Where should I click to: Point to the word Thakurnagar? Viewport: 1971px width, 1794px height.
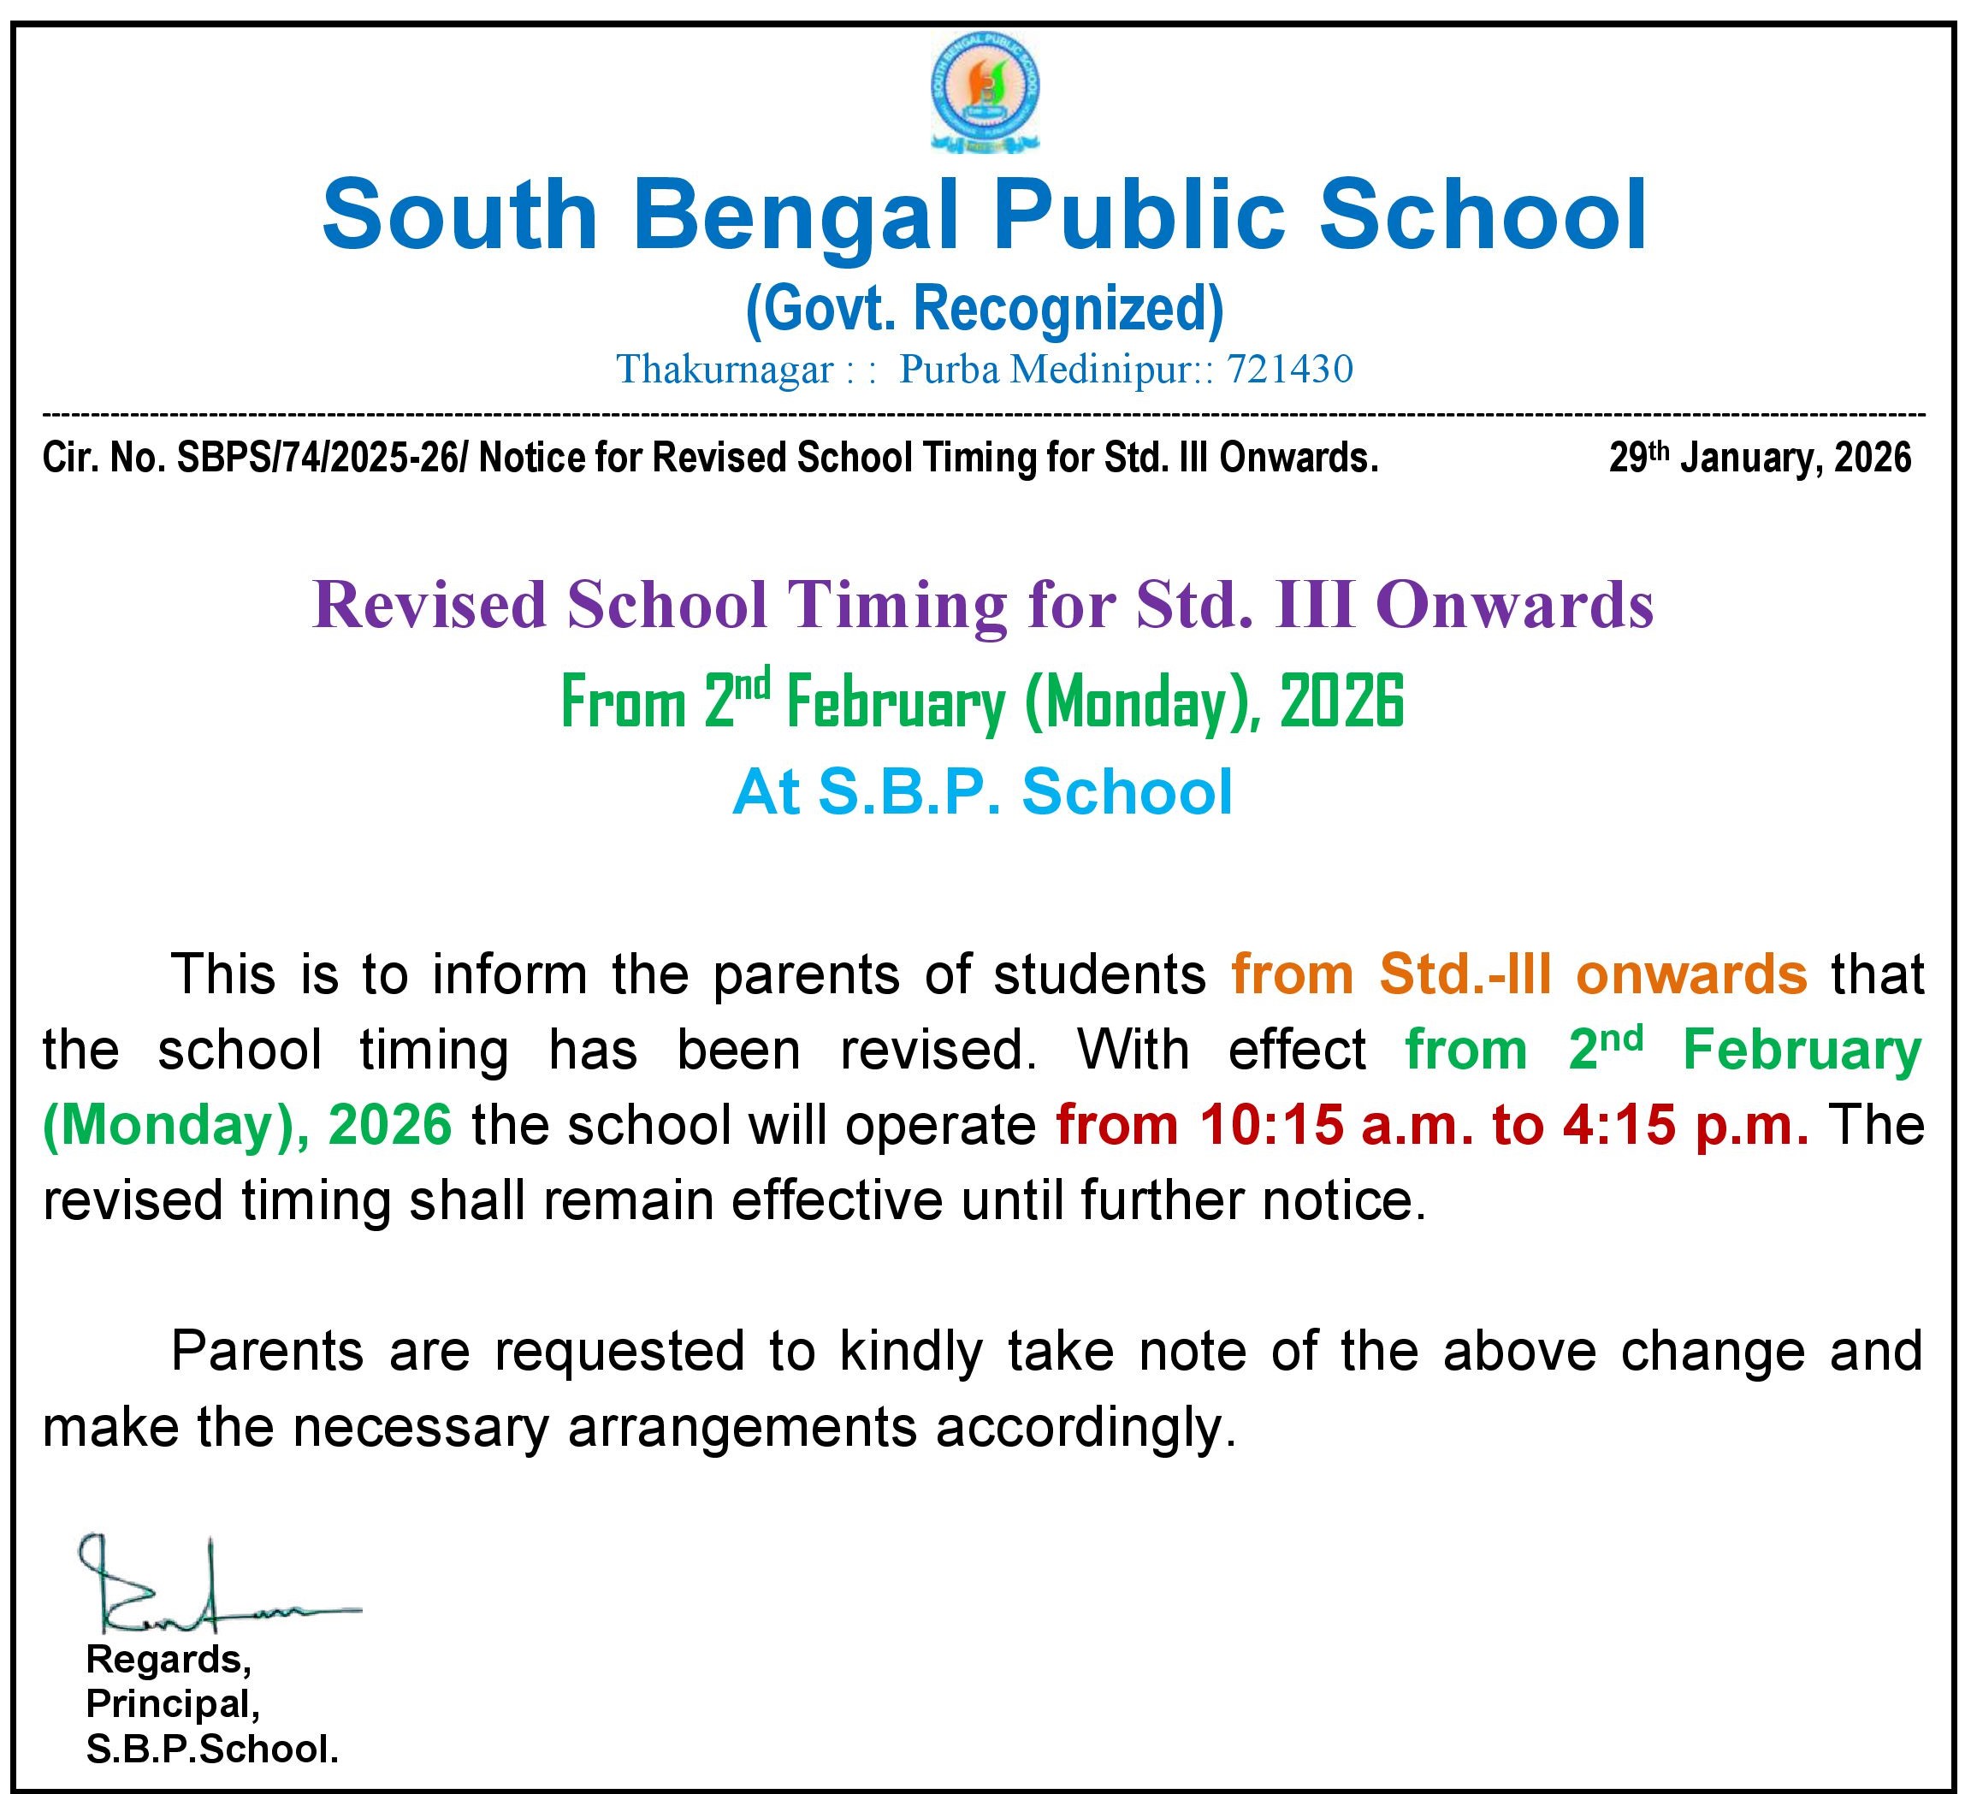725,370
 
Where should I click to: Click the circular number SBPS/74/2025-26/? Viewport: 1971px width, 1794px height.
320,458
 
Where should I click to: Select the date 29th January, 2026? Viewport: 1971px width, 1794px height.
1760,458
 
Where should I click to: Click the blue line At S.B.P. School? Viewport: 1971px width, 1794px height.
983,792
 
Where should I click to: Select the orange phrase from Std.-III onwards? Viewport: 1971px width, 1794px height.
1518,974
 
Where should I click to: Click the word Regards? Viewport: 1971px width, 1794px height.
169,1659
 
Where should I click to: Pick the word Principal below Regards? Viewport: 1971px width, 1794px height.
173,1704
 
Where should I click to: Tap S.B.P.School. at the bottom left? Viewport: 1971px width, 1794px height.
212,1750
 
